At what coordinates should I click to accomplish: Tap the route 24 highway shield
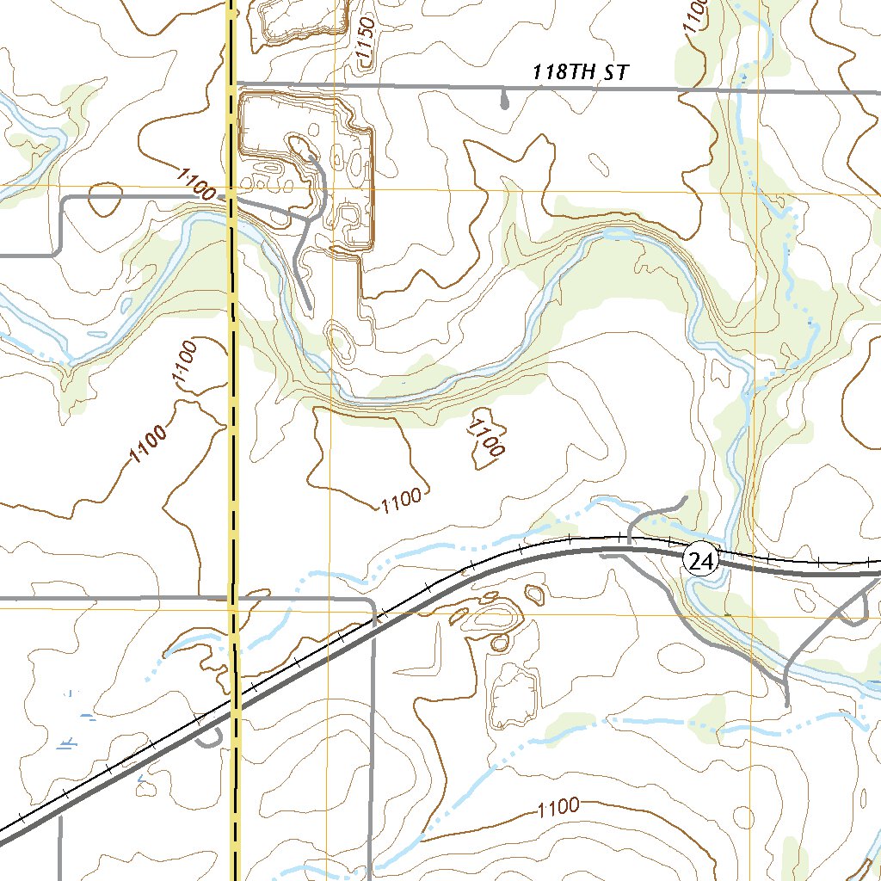click(x=700, y=562)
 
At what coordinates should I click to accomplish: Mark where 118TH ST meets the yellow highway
click(x=233, y=84)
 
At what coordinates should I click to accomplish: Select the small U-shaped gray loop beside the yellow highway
click(x=213, y=736)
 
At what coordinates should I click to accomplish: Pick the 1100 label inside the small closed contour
click(x=487, y=436)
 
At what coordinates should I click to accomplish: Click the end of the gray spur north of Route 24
click(x=686, y=496)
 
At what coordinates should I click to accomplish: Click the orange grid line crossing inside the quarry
click(x=329, y=188)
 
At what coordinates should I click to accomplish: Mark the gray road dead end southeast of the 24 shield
click(x=787, y=704)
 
